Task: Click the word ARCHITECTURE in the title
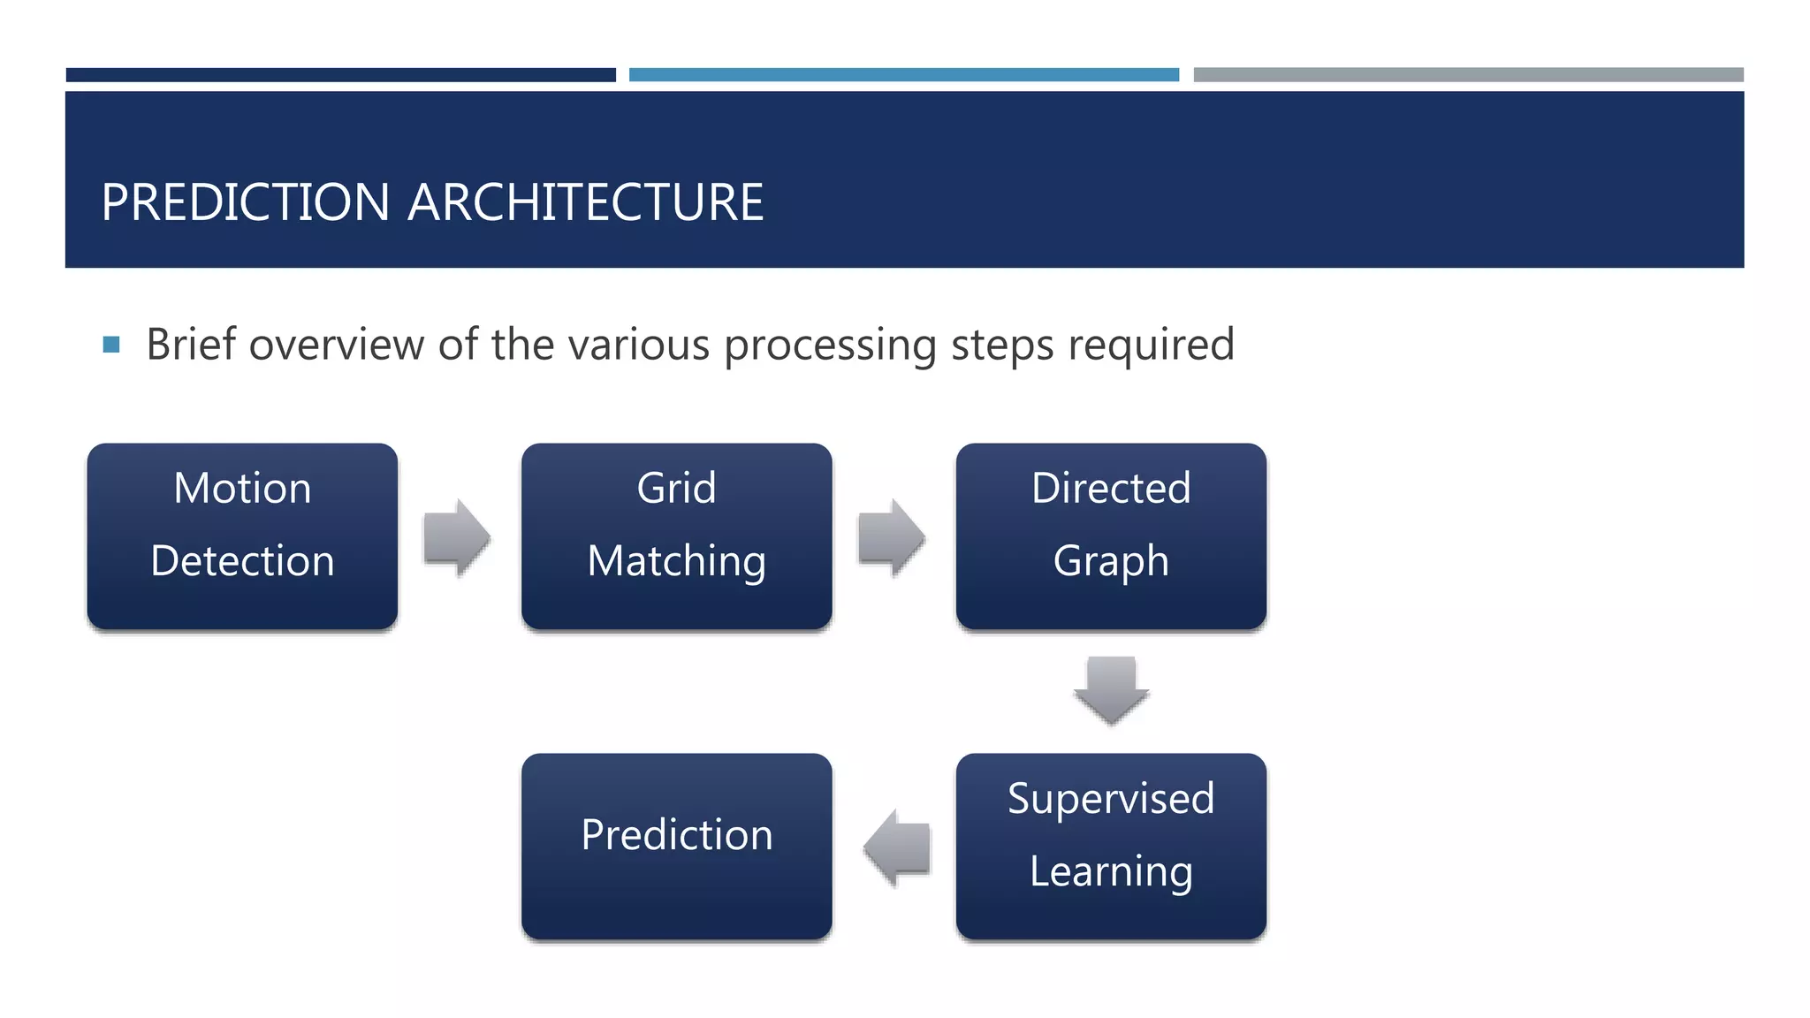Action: [585, 202]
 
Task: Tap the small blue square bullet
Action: [111, 345]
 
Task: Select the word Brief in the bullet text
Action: [191, 344]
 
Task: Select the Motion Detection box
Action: [242, 536]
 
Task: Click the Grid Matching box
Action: [676, 536]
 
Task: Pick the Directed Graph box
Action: [1111, 536]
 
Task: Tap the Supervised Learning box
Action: [1111, 846]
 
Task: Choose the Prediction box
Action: [676, 846]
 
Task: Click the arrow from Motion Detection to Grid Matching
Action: [457, 537]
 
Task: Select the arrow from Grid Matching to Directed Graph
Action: [891, 537]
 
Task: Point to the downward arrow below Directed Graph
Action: [1111, 690]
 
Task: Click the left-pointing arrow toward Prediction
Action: [896, 847]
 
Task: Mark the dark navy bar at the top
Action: [340, 75]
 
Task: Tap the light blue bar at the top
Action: [903, 75]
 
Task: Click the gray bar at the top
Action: [1468, 75]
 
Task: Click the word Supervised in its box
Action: [1111, 799]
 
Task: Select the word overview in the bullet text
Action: [337, 345]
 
